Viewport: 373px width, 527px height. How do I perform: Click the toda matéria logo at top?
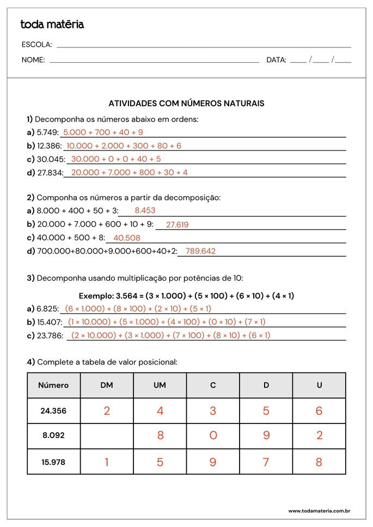point(52,25)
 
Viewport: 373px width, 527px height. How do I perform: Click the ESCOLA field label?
point(36,45)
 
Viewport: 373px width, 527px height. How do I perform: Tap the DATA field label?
point(276,60)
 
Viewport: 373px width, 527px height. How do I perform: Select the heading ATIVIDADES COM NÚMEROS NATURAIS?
point(186,103)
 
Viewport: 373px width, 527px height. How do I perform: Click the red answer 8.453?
point(145,210)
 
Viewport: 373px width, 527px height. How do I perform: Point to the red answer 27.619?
point(177,224)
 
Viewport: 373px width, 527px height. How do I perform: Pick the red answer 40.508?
point(127,238)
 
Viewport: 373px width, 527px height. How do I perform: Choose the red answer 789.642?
point(200,251)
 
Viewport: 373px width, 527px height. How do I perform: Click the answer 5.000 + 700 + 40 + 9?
point(103,132)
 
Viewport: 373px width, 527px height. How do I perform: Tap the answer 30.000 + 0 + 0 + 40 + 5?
point(116,159)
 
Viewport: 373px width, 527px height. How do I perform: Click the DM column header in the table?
point(107,385)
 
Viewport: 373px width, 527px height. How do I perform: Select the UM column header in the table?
point(160,385)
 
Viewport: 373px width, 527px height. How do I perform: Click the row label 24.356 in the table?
point(53,411)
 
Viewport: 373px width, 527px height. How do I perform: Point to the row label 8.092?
point(53,436)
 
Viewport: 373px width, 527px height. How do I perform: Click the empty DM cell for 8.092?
point(107,436)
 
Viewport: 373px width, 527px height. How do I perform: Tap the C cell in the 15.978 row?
point(213,462)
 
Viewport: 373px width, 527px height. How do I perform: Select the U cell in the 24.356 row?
point(319,411)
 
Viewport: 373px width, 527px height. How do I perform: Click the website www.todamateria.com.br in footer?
point(319,511)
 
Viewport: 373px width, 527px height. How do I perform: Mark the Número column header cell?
point(53,385)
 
